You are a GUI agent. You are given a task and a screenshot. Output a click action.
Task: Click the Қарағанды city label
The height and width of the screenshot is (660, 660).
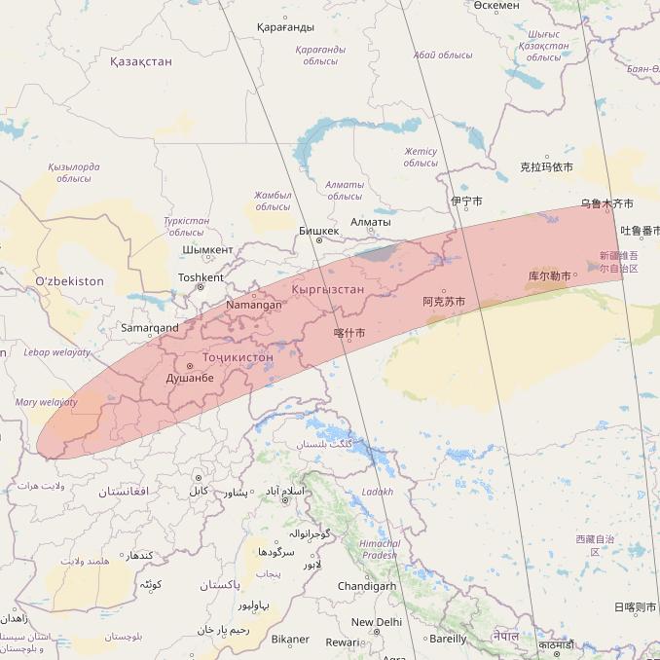tap(285, 27)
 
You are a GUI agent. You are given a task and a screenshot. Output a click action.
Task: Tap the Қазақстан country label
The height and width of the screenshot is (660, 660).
tap(140, 61)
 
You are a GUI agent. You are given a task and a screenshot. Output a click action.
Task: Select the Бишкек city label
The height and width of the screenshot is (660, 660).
tap(318, 231)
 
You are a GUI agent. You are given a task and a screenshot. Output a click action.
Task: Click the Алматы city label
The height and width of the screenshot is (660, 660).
tap(370, 222)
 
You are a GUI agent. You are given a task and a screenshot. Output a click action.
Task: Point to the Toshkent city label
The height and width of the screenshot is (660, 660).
tap(201, 277)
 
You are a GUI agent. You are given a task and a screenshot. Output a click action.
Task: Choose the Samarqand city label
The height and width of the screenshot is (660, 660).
tap(149, 328)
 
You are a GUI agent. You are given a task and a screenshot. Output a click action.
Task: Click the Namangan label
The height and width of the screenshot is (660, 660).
tap(253, 305)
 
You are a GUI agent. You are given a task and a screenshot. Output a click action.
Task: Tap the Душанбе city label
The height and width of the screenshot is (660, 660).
tap(190, 377)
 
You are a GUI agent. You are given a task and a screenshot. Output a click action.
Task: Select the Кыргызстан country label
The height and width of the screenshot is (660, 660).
tap(327, 289)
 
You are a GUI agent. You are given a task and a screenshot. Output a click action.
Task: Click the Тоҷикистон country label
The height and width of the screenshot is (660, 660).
tap(238, 357)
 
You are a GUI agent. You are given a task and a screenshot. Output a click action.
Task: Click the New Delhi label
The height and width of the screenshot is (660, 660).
tap(376, 622)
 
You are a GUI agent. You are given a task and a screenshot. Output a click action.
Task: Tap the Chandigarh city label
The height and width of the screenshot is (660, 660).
tap(366, 586)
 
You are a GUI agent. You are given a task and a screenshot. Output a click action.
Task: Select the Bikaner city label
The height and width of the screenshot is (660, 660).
tap(290, 640)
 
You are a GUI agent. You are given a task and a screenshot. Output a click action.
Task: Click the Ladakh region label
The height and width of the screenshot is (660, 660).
tap(377, 492)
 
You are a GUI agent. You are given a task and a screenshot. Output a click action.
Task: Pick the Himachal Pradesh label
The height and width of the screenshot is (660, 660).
tap(379, 549)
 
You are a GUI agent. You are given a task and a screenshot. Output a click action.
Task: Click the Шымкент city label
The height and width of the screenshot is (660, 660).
tap(207, 250)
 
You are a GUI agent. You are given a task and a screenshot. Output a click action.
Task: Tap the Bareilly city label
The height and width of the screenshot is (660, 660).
tap(448, 640)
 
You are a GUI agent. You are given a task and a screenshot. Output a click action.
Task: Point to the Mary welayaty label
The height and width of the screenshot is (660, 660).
tap(46, 402)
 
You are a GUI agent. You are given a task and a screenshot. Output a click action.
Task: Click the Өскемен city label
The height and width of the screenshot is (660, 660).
tap(496, 6)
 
